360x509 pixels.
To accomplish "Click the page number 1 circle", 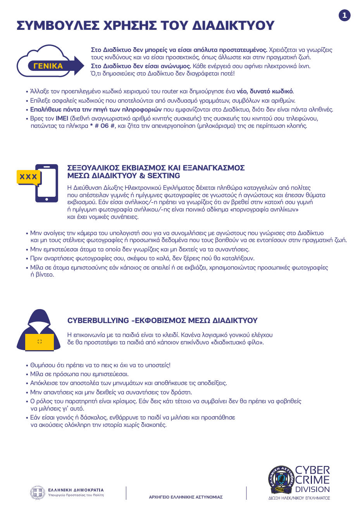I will (x=344, y=15).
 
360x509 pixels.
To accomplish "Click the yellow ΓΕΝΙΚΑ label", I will (x=48, y=66).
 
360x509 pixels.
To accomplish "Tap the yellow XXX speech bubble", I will (x=28, y=177).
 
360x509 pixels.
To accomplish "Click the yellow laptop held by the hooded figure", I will (x=39, y=341).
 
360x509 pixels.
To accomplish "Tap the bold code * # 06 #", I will (x=102, y=126).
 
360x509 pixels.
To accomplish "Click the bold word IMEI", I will (x=62, y=119).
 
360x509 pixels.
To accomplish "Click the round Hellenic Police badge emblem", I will (x=281, y=480).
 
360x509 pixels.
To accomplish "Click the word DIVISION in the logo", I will (x=313, y=489).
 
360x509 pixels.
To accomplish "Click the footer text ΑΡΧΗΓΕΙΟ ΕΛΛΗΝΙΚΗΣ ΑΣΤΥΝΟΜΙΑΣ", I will (x=186, y=497).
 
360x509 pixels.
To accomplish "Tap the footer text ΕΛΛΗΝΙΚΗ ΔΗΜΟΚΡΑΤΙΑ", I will (x=76, y=490).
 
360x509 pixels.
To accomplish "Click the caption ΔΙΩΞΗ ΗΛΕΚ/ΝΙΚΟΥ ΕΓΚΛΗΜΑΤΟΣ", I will (x=299, y=498).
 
